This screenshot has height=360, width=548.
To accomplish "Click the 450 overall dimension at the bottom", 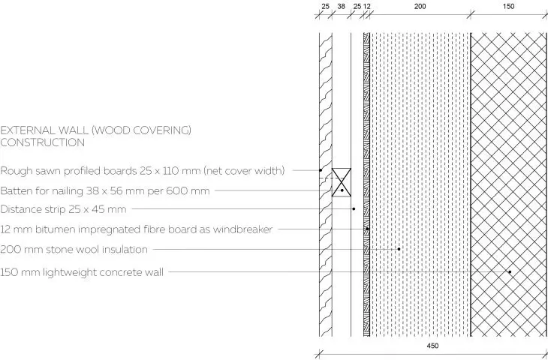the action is pyautogui.click(x=432, y=346).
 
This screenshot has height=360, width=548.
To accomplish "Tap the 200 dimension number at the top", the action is pyautogui.click(x=420, y=6).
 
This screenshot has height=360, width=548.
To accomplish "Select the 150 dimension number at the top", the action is pyautogui.click(x=508, y=6).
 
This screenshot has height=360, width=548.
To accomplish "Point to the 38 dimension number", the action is pyautogui.click(x=341, y=6).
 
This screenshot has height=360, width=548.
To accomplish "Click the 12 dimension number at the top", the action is pyautogui.click(x=366, y=6).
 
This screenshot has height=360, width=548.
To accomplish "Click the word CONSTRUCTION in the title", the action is pyautogui.click(x=42, y=142).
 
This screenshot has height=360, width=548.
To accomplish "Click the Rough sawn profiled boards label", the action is pyautogui.click(x=142, y=171).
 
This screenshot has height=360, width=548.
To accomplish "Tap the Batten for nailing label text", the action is pyautogui.click(x=105, y=191).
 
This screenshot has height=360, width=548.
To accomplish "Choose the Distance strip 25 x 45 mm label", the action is pyautogui.click(x=63, y=209).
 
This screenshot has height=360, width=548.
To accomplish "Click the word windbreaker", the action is pyautogui.click(x=242, y=229).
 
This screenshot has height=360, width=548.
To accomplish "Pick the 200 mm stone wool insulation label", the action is pyautogui.click(x=74, y=249).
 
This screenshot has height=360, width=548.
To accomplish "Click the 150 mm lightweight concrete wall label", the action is pyautogui.click(x=81, y=272).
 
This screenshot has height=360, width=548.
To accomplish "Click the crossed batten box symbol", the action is pyautogui.click(x=341, y=182).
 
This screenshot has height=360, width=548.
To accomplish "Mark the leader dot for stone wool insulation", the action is pyautogui.click(x=399, y=249).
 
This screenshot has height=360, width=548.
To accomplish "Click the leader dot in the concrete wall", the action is pyautogui.click(x=510, y=271).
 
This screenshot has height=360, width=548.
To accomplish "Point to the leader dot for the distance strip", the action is pyautogui.click(x=354, y=208).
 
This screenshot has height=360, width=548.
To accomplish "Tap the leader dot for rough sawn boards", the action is pyautogui.click(x=321, y=170).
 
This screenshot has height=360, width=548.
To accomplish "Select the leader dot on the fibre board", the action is pyautogui.click(x=367, y=229).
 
